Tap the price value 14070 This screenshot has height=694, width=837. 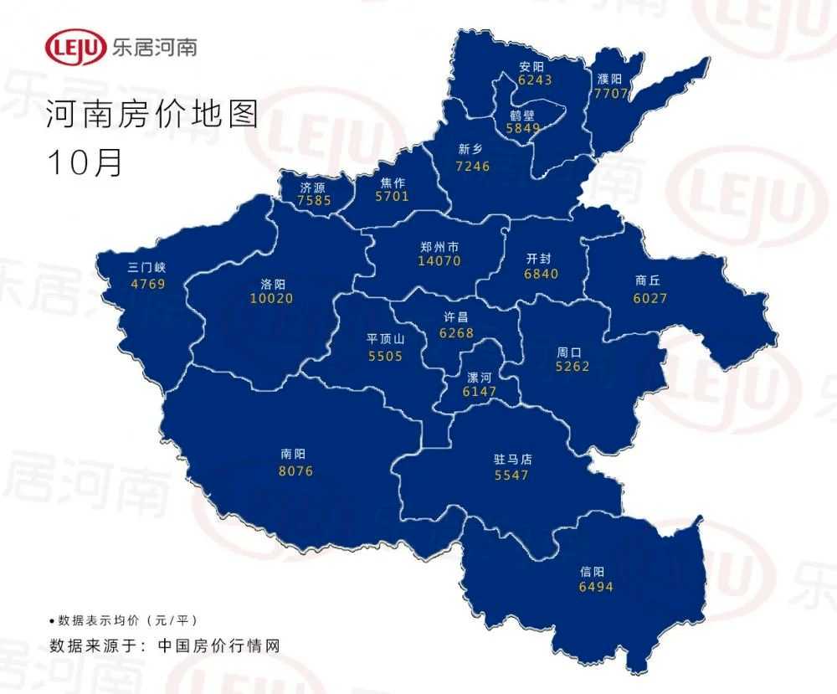point(439,261)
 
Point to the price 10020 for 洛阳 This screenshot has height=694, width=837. point(272,299)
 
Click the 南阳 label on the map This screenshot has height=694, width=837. point(293,456)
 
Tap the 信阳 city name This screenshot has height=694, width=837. point(592,573)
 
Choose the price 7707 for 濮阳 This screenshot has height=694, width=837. point(610,93)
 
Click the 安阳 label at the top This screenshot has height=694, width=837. point(531,66)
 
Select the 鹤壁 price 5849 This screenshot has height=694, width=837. point(524,129)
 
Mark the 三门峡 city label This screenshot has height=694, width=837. point(147,269)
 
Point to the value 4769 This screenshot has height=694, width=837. point(148,284)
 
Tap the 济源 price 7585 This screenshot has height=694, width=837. point(316,201)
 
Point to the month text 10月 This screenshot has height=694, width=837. point(85,162)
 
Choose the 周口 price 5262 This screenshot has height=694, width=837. point(573,366)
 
